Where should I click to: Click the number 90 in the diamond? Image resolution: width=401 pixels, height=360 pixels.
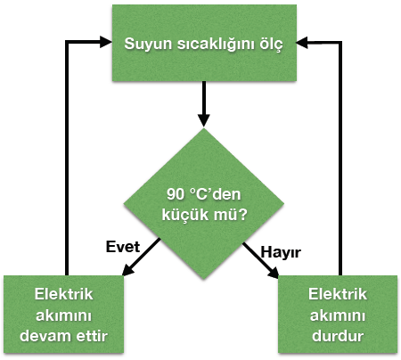(x=176, y=194)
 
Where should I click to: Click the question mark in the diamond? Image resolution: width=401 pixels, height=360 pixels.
(x=242, y=215)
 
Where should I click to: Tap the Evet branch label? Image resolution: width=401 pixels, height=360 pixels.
(x=123, y=247)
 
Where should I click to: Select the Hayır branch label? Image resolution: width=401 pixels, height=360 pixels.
(x=281, y=253)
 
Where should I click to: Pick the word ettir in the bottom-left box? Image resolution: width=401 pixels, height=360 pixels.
(x=92, y=336)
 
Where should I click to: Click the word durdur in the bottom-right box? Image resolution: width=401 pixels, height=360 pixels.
(x=338, y=336)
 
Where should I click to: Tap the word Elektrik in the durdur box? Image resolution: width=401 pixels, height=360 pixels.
(x=338, y=294)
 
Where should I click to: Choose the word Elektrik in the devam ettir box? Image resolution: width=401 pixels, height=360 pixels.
(x=63, y=294)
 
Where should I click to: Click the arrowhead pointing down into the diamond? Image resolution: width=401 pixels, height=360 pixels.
(x=204, y=120)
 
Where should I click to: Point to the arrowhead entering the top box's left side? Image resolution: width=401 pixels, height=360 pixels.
(x=106, y=42)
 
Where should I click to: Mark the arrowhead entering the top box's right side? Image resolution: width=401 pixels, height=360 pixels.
(x=302, y=43)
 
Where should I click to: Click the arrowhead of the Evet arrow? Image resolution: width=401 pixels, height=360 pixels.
(x=127, y=270)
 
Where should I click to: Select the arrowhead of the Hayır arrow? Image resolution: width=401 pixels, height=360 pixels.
(x=274, y=273)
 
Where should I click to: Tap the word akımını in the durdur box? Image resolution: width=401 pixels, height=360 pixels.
(x=338, y=315)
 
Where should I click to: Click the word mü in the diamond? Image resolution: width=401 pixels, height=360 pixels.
(x=225, y=215)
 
